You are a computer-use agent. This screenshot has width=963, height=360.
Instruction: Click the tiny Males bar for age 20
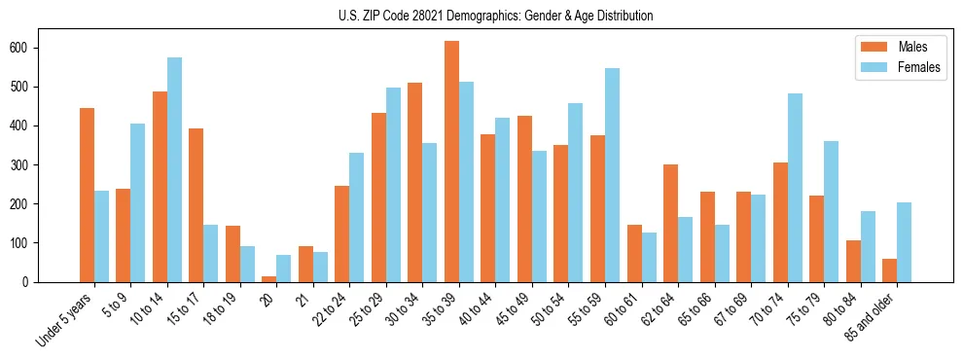coord(269,278)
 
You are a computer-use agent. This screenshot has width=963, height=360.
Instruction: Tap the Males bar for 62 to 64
coord(671,223)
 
